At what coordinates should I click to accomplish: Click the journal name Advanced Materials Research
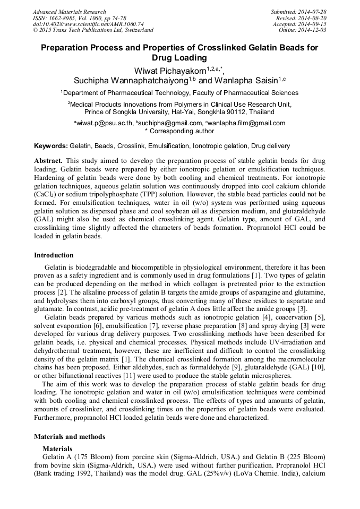(x=69, y=12)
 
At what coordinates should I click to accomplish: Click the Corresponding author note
(x=179, y=131)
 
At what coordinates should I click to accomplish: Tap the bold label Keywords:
(x=51, y=145)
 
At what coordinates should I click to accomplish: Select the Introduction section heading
(x=55, y=255)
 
